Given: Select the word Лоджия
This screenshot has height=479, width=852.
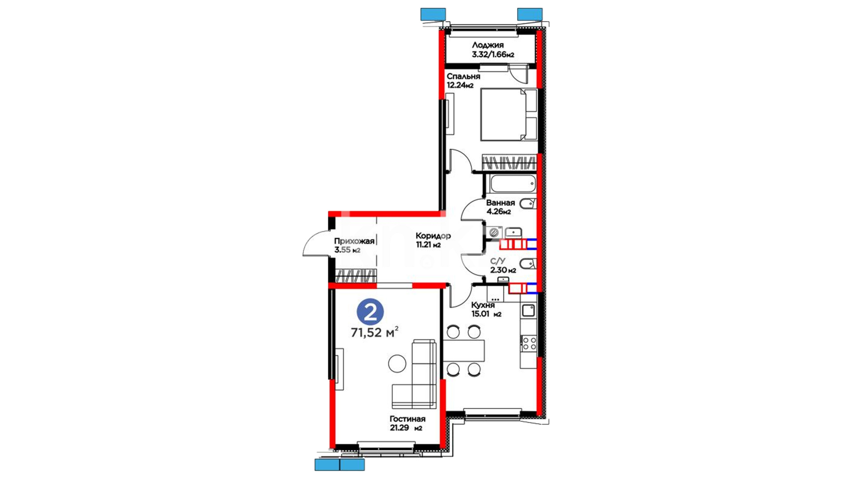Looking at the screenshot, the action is [x=488, y=45].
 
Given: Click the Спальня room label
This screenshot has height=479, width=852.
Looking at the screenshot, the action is [x=463, y=76].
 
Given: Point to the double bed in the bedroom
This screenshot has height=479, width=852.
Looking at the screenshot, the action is [x=509, y=114].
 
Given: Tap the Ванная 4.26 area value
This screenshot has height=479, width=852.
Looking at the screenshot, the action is [x=498, y=212].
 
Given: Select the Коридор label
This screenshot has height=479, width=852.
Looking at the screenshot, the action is [x=433, y=236].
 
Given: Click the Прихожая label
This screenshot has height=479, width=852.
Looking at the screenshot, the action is [x=354, y=241].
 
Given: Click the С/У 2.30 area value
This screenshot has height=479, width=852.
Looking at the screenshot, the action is [x=503, y=270].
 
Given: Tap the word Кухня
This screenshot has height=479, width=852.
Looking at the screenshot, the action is [x=483, y=305].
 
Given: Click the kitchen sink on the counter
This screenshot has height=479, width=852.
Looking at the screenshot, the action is [x=528, y=310].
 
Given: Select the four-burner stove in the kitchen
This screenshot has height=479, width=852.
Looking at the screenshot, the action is [x=529, y=343].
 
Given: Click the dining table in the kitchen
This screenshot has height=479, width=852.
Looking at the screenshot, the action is [x=464, y=350].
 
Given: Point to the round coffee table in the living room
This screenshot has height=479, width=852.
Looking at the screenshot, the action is [x=397, y=364].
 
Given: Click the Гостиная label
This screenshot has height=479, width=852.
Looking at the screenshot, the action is [x=407, y=419].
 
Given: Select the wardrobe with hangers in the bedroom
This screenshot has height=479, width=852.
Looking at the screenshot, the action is [x=509, y=162].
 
